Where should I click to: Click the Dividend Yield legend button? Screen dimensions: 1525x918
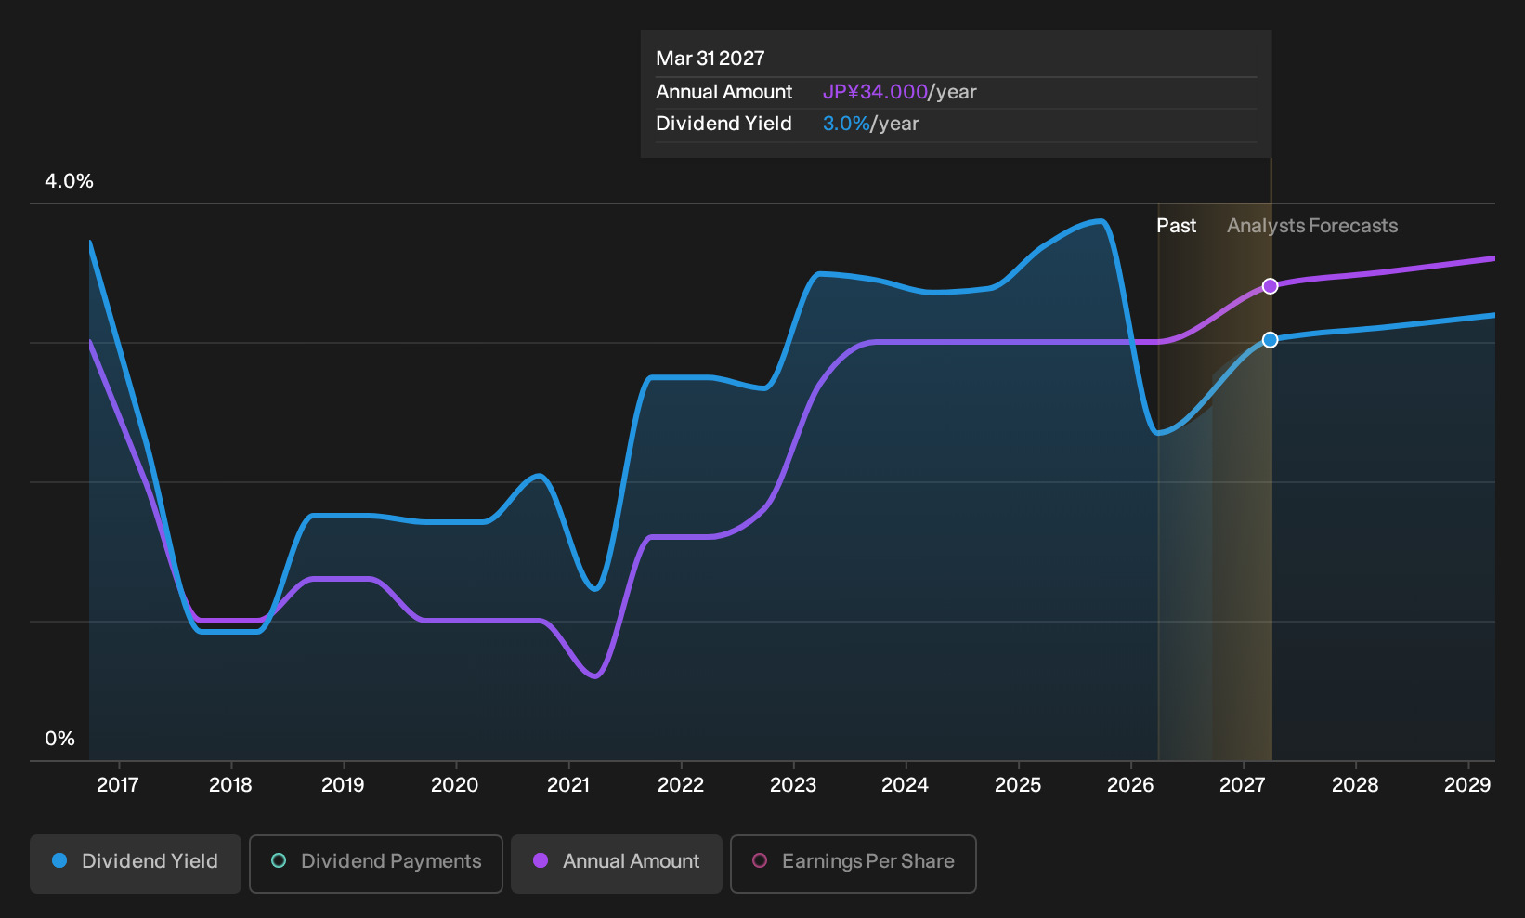136,863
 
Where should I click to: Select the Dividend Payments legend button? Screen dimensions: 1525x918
376,863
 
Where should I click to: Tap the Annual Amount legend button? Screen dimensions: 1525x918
616,863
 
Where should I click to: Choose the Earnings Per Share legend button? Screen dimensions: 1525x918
853,863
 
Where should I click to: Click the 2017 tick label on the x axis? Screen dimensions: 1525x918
118,785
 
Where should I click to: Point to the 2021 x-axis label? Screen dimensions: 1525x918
568,785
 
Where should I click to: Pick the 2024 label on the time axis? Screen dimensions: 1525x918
906,785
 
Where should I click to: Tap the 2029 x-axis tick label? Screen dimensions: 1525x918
1467,785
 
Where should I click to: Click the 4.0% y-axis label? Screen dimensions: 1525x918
69,181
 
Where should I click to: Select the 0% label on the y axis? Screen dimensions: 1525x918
60,739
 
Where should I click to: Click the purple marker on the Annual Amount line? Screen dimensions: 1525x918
1270,286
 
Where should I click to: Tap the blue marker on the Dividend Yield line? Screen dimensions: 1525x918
1270,340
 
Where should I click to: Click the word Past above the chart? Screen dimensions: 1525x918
1177,226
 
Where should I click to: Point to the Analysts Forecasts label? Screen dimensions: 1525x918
1312,226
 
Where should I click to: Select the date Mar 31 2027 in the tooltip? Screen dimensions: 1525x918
710,59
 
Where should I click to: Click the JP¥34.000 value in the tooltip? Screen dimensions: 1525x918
875,92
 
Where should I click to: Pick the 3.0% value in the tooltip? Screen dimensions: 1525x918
846,124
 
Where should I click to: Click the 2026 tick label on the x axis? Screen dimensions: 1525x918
1131,785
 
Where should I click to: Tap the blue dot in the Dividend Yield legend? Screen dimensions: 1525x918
60,860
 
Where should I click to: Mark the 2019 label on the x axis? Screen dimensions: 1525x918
343,785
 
